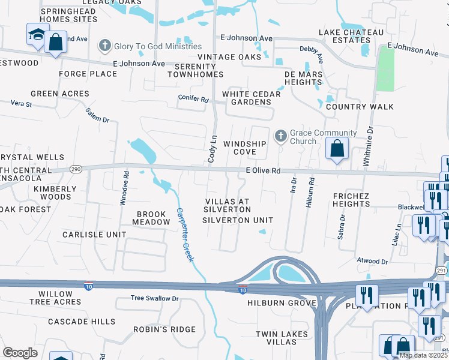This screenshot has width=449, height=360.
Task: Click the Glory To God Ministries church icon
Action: point(105,46)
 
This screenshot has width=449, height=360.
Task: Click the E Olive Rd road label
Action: point(264,171)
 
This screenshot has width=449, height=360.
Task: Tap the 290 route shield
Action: point(76,170)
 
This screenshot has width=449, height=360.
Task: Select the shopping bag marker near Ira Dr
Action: point(337,148)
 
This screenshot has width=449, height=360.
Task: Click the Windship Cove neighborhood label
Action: point(244,148)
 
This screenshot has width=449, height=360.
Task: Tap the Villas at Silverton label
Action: point(227,205)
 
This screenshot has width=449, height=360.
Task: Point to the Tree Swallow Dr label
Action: point(155,298)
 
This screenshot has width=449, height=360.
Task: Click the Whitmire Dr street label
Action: point(369,146)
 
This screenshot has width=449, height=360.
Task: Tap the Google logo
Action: point(20,352)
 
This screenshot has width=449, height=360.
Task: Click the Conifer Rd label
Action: point(193,98)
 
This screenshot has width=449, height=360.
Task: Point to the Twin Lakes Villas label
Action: point(282,338)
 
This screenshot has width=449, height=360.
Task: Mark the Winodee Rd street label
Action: point(125,188)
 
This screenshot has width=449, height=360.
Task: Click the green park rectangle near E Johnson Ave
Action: point(385,69)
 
